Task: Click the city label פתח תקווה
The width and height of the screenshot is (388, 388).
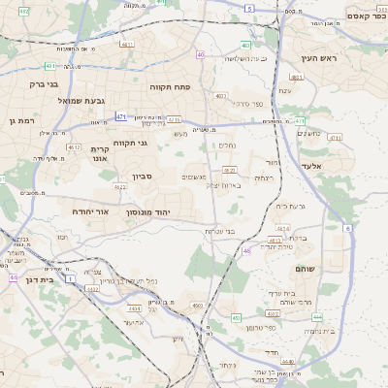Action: (x=170, y=87)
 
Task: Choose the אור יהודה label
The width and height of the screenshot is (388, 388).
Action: (x=95, y=210)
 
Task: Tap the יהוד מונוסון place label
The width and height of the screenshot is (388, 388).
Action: (x=176, y=210)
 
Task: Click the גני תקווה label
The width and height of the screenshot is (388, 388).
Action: (x=130, y=144)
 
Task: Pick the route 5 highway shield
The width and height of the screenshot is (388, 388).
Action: (x=249, y=8)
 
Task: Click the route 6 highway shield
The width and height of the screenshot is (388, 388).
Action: (x=346, y=227)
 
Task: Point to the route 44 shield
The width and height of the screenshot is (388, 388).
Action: (x=14, y=277)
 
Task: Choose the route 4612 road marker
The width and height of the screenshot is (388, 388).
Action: (x=74, y=147)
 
